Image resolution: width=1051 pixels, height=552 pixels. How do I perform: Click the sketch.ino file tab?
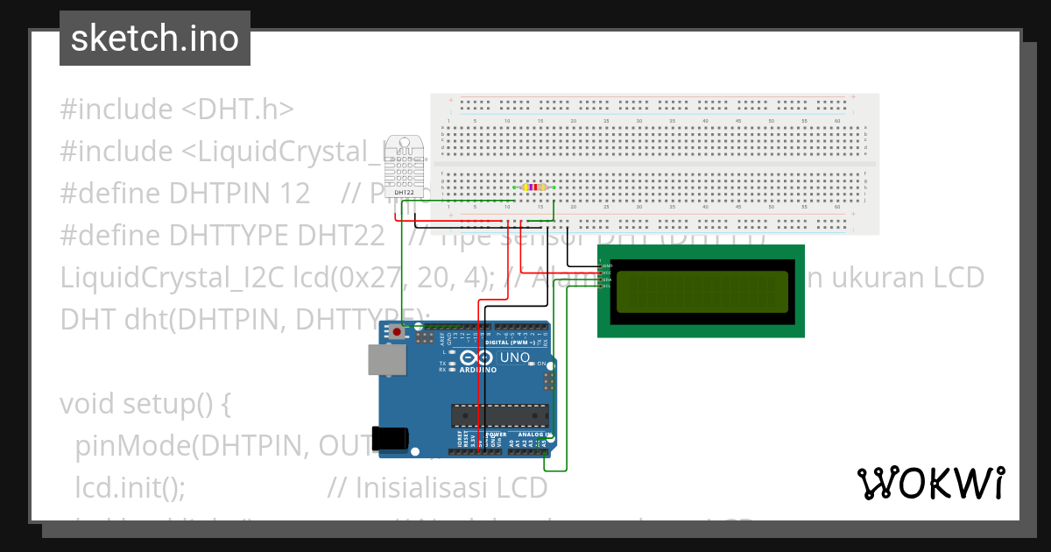154,39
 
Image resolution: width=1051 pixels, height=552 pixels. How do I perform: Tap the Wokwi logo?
930,483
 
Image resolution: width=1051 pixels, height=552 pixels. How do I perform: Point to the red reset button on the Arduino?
397,332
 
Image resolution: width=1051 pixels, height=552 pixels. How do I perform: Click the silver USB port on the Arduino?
383,359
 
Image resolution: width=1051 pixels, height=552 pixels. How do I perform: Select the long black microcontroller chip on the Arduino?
499,416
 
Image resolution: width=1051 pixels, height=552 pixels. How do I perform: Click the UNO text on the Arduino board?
514,358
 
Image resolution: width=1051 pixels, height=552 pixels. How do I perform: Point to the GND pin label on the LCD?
607,265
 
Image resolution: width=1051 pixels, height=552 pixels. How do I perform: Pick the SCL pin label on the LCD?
607,287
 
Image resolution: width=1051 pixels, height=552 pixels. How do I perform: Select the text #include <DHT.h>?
176,110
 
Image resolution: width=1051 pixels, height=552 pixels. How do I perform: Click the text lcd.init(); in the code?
130,487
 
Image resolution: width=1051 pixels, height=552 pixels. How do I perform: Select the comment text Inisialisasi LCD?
452,487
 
